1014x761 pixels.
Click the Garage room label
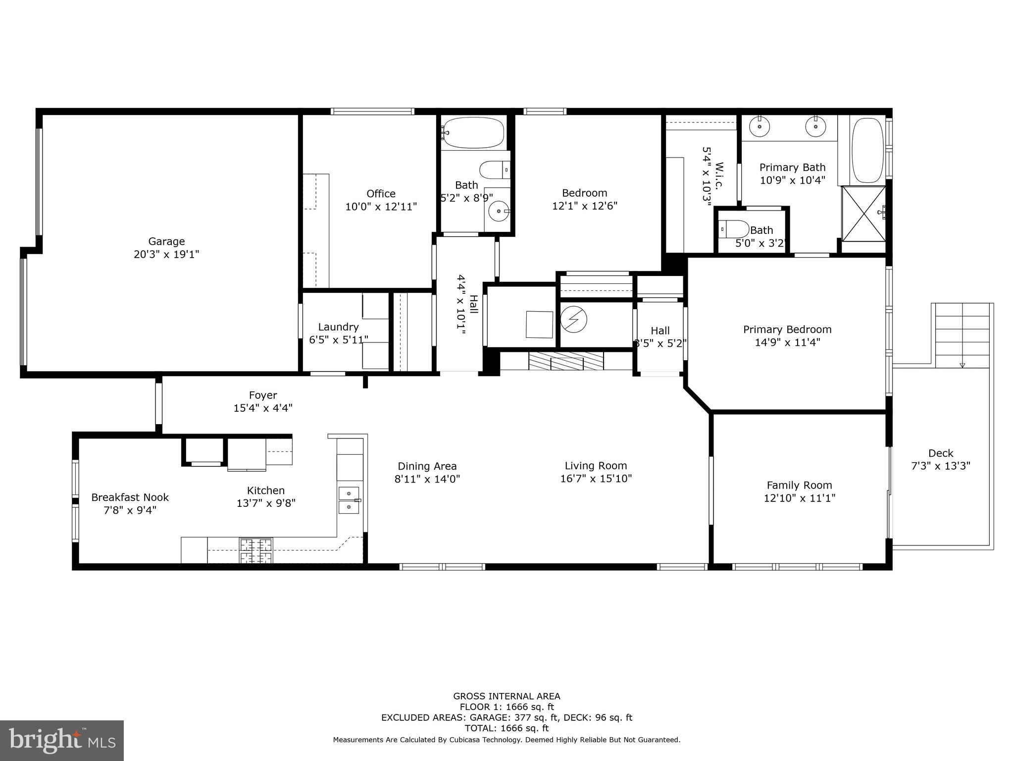point(166,241)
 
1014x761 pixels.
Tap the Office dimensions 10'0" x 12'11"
point(381,207)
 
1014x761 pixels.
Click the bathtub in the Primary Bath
point(868,150)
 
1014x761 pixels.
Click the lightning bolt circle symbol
point(573,320)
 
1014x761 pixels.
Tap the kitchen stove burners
point(256,550)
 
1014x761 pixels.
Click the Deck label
point(941,453)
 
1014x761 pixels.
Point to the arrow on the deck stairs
point(962,365)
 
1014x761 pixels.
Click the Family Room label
point(799,485)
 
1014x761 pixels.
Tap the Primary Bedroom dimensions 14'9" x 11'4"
point(787,342)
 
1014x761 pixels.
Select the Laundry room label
point(338,327)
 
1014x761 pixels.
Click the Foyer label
point(263,395)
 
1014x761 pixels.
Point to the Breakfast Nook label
point(130,497)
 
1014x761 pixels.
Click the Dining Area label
point(427,466)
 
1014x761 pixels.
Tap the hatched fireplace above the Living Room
point(566,361)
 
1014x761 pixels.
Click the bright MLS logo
point(61,741)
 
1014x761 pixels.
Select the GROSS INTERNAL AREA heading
point(507,696)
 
